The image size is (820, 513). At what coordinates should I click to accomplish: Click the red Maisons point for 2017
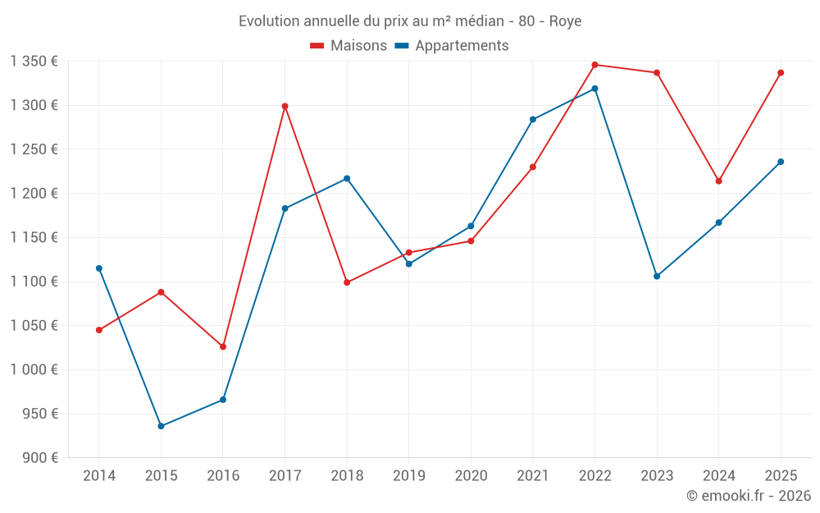point(285,106)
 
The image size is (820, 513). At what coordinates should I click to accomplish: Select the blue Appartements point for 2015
point(161,426)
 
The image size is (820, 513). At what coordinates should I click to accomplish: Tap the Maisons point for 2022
point(594,65)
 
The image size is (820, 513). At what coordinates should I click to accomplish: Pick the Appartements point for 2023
point(657,276)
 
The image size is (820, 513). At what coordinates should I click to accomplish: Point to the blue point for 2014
point(99,268)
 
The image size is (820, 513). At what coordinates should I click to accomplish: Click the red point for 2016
point(223,346)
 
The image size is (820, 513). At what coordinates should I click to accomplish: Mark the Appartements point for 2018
point(347,178)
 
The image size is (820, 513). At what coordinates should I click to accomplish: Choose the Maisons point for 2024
point(718,181)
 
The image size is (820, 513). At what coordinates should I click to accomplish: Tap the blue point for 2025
point(781,162)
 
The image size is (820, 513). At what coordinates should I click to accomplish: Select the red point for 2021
point(533,167)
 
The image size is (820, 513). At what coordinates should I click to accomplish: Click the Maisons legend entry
point(348,46)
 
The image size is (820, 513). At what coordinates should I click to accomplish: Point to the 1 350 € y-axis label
point(34,62)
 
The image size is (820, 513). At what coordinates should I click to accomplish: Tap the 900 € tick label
point(39,458)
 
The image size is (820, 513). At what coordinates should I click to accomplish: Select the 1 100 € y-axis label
point(34,282)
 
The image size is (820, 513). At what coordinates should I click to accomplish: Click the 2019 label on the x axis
point(408,476)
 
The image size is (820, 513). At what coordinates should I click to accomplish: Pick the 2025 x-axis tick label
point(781,476)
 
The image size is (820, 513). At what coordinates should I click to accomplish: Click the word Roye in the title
point(565,21)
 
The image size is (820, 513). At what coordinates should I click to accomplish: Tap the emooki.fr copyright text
point(748,496)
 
